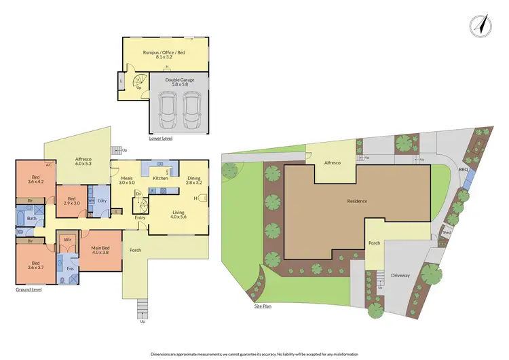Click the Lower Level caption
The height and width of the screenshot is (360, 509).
(161, 138)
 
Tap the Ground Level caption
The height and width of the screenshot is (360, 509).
(29, 289)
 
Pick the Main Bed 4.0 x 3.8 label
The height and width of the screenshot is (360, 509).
(101, 251)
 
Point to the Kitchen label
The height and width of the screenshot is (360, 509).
(160, 178)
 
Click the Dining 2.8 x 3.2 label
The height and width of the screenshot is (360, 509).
(195, 180)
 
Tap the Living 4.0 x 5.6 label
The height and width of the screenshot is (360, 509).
(178, 214)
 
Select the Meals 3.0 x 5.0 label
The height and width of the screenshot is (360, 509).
(128, 180)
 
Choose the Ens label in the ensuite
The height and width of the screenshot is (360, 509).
(70, 269)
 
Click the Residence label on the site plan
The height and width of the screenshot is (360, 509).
(357, 201)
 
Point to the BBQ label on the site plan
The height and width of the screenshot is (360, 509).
(464, 170)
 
